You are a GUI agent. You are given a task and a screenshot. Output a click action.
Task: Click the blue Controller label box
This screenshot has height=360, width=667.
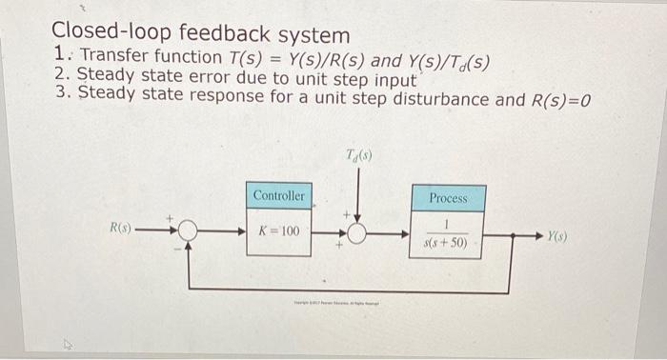278,196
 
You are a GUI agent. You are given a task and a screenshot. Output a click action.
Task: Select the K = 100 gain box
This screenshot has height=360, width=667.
278,230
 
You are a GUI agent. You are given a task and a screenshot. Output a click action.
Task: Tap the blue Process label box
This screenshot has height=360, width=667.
447,198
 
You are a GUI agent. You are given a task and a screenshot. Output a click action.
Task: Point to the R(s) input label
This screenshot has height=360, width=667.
121,230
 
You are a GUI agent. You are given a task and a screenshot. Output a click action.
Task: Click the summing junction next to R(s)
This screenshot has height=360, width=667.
188,230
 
